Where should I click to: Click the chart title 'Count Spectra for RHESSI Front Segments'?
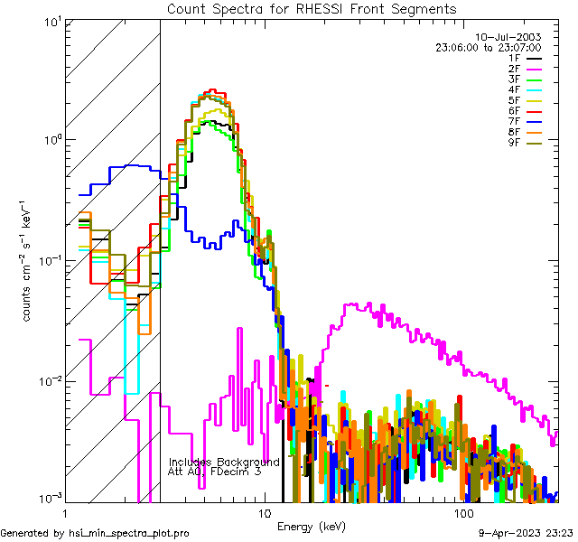tap(312, 9)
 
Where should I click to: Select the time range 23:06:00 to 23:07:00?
tap(500, 47)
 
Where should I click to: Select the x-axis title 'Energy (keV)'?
tap(311, 526)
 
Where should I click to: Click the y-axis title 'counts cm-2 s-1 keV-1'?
tap(29, 261)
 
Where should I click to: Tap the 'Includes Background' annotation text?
tap(224, 462)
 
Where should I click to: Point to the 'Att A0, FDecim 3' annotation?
tap(215, 472)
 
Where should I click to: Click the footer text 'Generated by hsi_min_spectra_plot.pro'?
tap(95, 533)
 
